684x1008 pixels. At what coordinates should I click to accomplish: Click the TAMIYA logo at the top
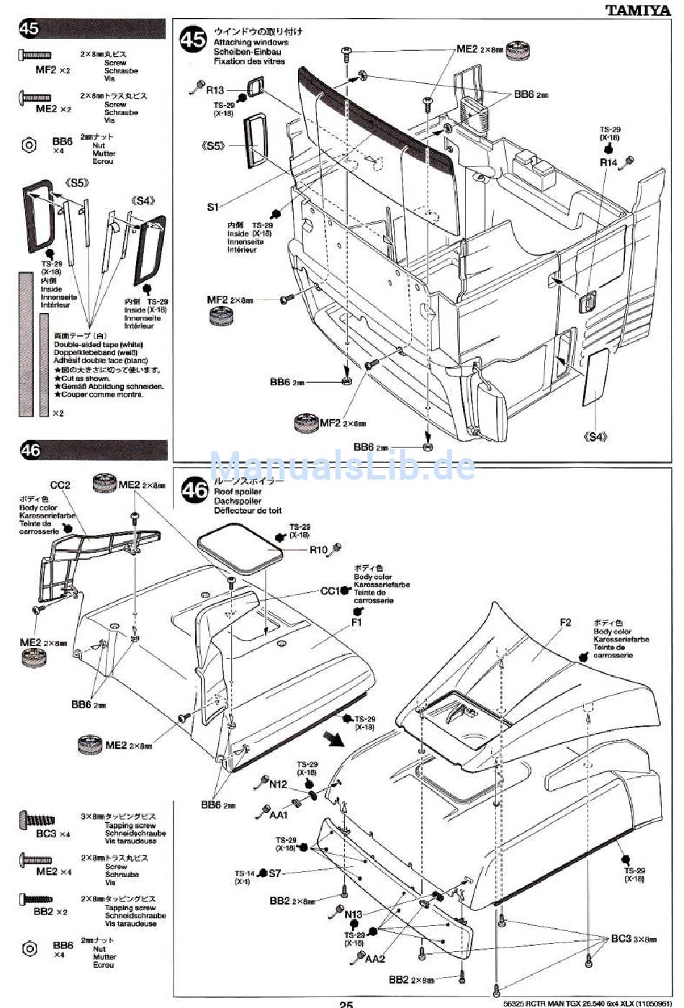(x=637, y=9)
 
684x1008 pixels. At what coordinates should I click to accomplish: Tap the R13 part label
(x=215, y=90)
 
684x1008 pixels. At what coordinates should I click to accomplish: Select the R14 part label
(x=609, y=163)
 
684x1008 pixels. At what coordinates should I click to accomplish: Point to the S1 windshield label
(x=212, y=207)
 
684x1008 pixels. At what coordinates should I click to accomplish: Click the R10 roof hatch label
(x=318, y=550)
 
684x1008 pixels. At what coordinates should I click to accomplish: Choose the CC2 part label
(x=60, y=485)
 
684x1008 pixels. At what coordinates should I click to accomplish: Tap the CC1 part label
(x=330, y=591)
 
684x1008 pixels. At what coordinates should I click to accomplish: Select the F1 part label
(x=356, y=623)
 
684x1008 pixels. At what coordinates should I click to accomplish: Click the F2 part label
(x=564, y=623)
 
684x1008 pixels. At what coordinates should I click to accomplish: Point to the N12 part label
(x=279, y=784)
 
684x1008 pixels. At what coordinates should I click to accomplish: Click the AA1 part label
(x=279, y=815)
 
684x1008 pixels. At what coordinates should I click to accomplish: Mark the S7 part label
(x=274, y=873)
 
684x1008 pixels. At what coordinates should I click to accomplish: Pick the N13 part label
(x=353, y=914)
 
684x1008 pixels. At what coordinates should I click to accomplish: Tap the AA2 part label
(x=375, y=959)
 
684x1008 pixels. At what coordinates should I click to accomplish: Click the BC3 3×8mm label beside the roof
(x=621, y=938)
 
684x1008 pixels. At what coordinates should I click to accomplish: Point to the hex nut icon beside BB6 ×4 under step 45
(x=28, y=144)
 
